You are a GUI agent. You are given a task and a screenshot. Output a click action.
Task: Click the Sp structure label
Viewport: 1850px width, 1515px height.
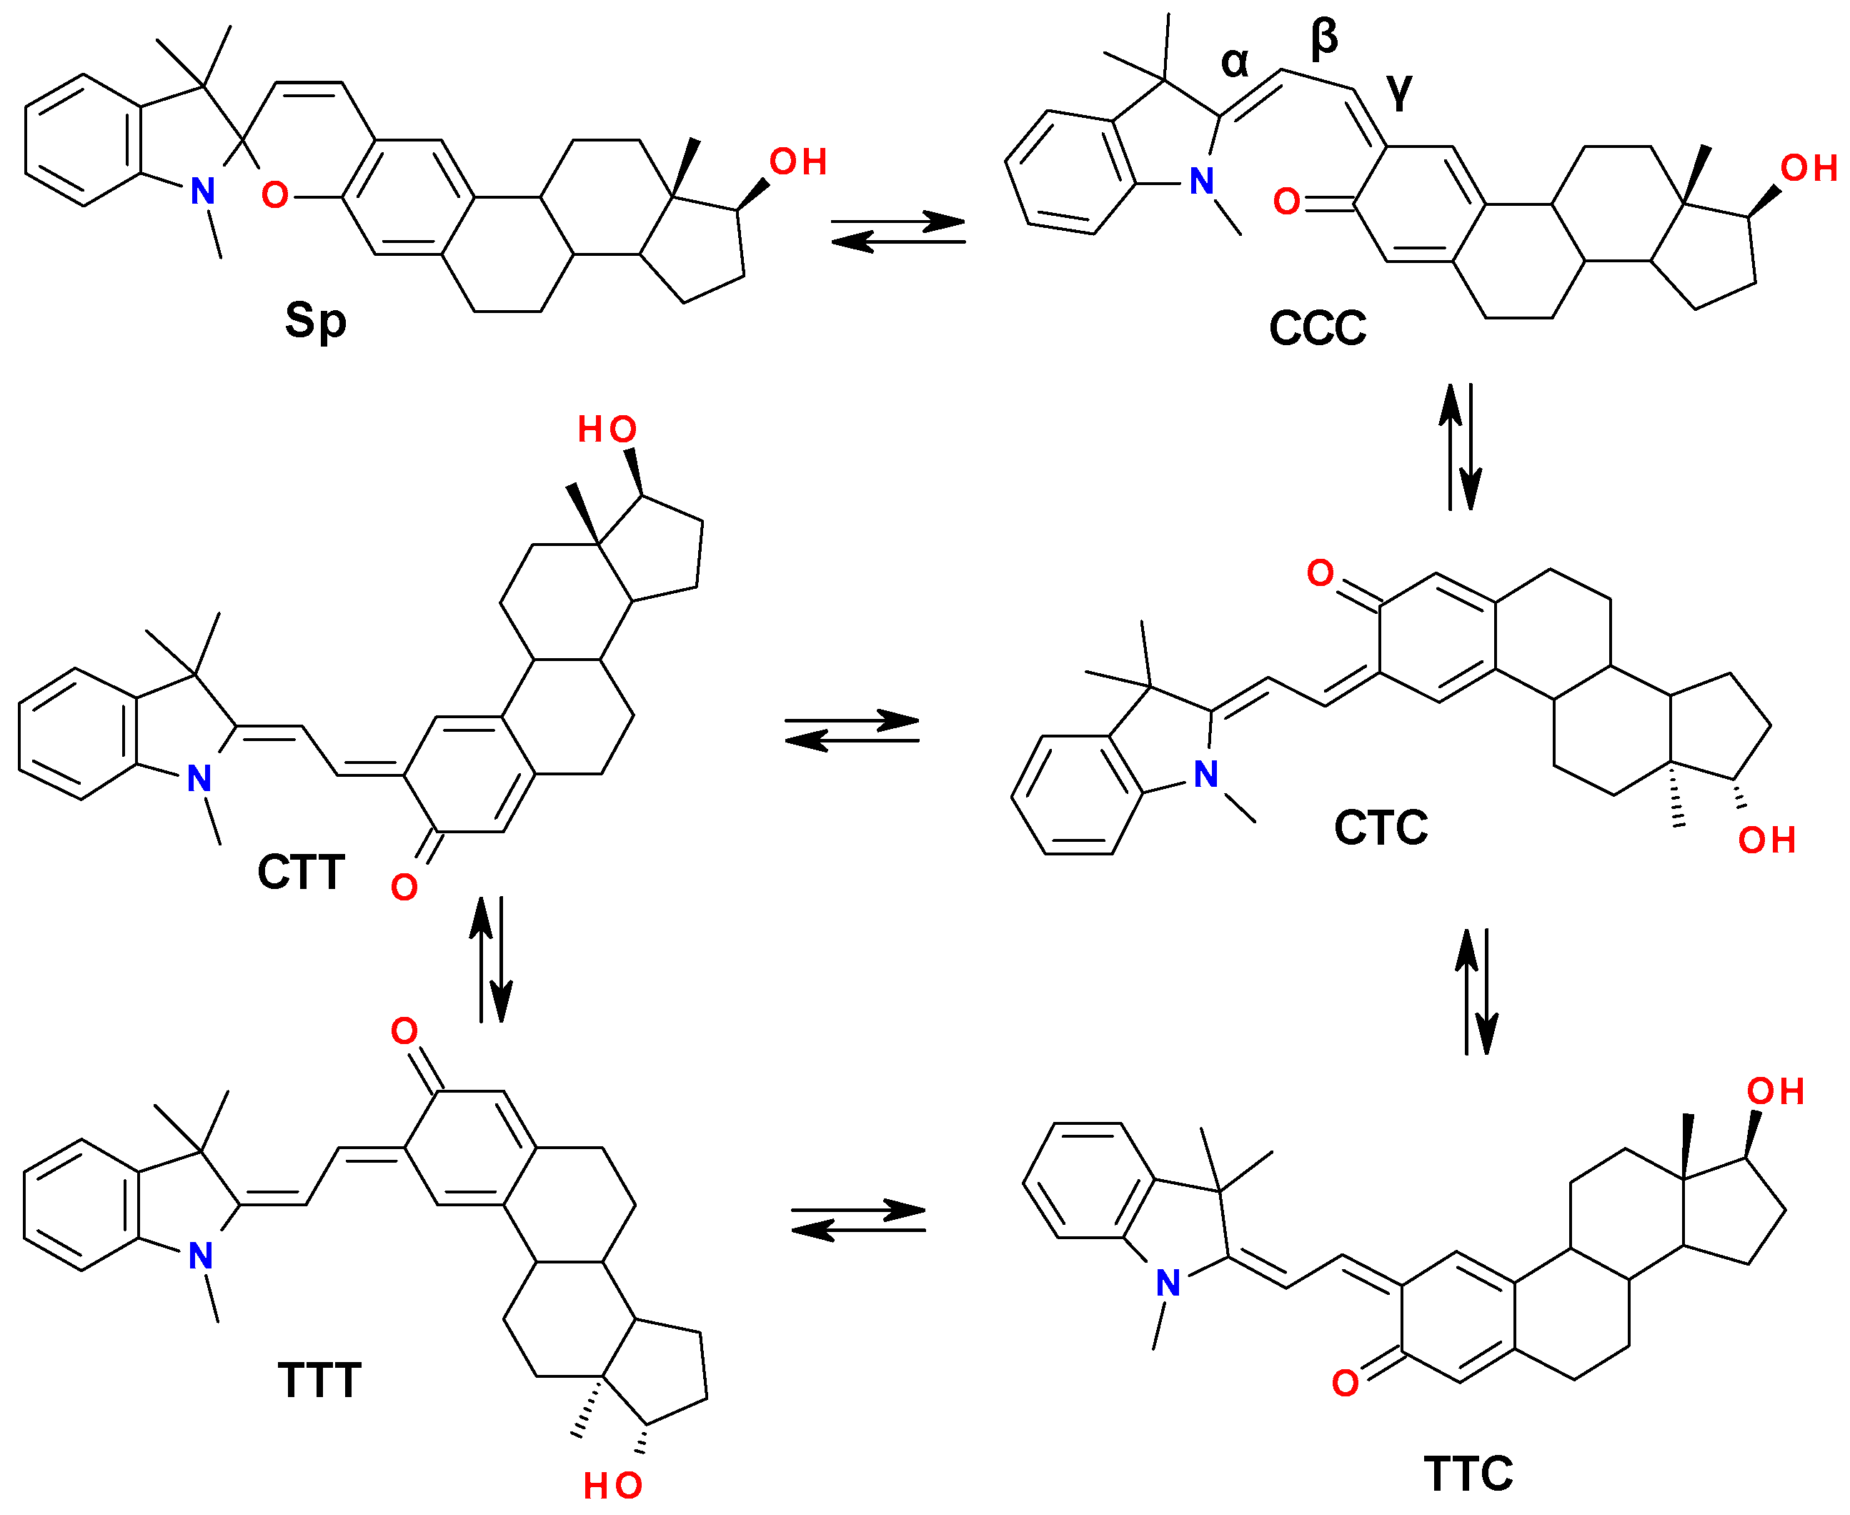click(x=315, y=320)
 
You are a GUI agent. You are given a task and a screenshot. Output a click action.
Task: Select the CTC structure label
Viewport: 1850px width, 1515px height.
click(x=1381, y=828)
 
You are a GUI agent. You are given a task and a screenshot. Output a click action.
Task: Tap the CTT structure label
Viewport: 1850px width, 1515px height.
click(x=301, y=872)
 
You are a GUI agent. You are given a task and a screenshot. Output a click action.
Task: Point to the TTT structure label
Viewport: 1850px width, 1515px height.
click(x=319, y=1380)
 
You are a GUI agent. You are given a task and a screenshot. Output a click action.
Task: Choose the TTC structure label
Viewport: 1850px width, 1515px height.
click(x=1468, y=1474)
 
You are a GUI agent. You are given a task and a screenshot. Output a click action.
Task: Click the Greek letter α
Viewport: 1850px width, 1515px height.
click(x=1235, y=62)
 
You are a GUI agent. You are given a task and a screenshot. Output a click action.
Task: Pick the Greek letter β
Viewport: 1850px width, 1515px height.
click(x=1324, y=39)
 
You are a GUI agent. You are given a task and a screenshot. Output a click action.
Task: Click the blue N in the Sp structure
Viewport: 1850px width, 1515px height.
click(x=202, y=191)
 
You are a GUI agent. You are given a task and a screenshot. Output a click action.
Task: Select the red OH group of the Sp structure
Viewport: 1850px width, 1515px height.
click(x=797, y=162)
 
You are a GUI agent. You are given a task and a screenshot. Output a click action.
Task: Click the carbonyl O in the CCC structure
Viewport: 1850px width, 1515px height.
click(x=1286, y=202)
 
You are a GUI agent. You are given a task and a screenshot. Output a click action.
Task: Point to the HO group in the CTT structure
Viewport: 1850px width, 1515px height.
click(x=607, y=429)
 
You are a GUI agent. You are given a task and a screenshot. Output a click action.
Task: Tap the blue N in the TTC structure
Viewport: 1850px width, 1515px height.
click(x=1168, y=1283)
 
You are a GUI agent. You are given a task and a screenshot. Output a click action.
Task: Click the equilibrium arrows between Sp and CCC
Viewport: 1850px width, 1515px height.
click(x=898, y=232)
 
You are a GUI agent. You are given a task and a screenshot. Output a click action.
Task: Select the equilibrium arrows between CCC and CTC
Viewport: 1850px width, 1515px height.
click(x=1461, y=446)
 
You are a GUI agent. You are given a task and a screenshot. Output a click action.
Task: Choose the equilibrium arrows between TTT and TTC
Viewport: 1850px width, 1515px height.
click(x=857, y=1220)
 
